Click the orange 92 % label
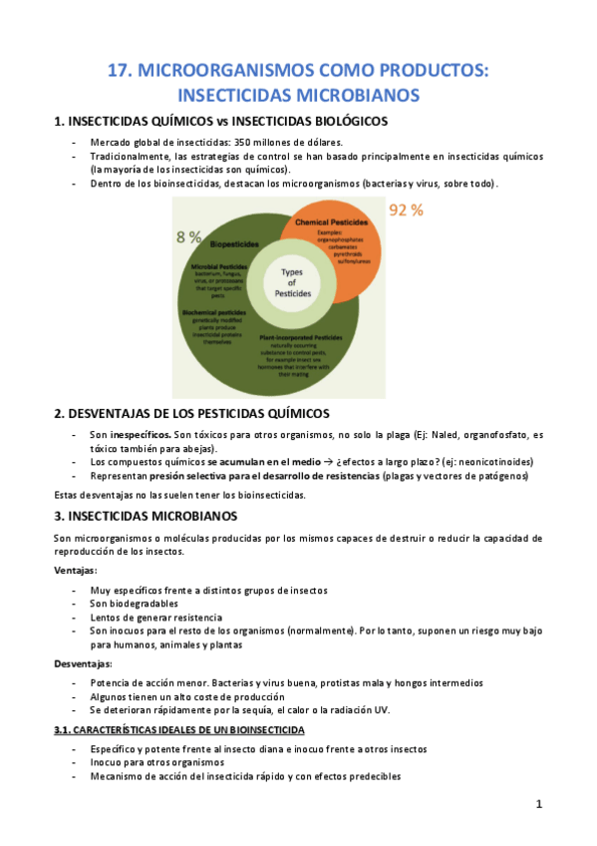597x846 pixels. (407, 211)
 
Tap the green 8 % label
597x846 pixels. (189, 236)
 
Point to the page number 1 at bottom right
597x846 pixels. (538, 804)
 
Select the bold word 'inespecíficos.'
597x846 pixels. (139, 435)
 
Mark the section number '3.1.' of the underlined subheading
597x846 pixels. (65, 729)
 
